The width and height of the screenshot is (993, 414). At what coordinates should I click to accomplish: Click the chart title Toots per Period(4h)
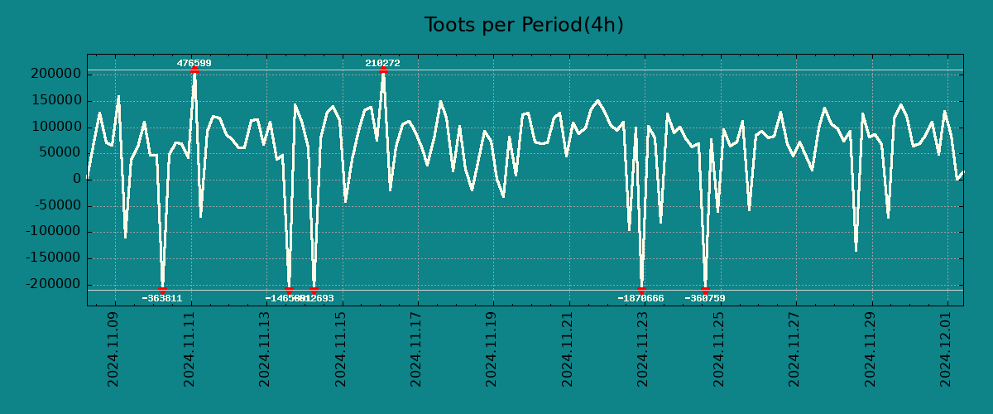coord(524,25)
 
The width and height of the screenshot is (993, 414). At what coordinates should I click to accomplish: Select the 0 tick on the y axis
coord(77,179)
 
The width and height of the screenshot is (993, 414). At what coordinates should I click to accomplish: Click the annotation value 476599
coord(194,63)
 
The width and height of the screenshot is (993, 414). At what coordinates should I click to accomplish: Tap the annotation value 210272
coord(382,63)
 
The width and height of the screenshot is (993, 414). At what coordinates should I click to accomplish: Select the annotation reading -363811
coord(161,298)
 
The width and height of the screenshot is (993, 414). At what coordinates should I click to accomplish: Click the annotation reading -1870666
coord(640,298)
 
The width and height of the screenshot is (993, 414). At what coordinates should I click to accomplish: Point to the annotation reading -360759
coord(705,298)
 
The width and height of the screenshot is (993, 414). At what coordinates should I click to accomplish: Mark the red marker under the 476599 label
coord(194,70)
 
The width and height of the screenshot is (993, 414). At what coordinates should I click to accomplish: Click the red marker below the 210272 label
coord(383,70)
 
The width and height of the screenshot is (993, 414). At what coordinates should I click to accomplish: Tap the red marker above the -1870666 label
coord(642,290)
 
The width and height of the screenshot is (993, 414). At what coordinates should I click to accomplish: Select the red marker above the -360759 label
coord(705,290)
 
